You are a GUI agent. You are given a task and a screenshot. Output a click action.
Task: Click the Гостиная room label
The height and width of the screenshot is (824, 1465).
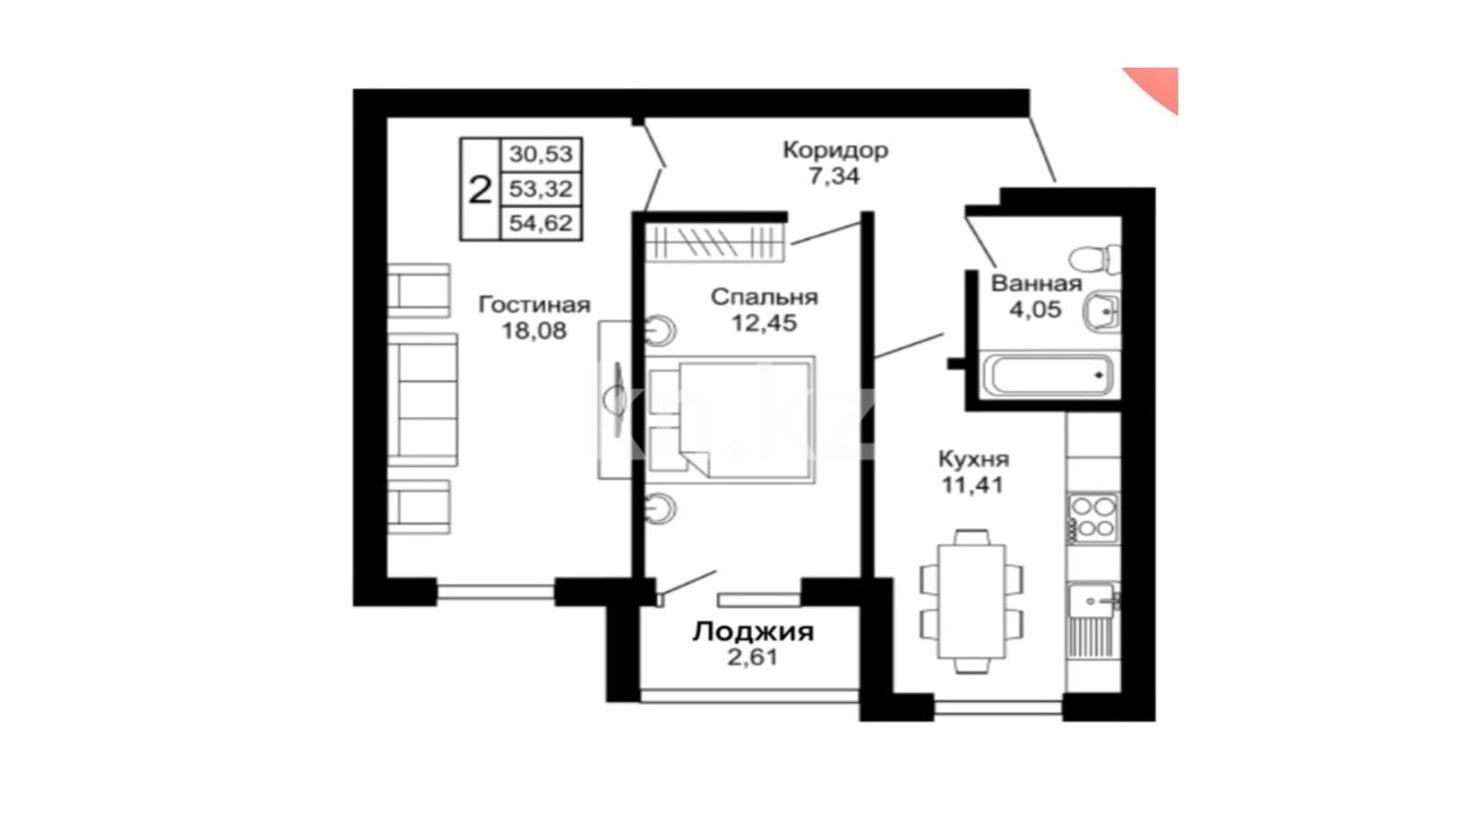click(535, 305)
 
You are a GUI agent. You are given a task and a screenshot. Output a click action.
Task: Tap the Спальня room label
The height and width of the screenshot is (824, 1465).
click(764, 297)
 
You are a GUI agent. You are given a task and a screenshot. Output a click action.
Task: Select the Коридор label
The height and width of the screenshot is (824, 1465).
click(835, 150)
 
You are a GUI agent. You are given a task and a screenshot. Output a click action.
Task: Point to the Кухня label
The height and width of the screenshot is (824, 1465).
click(974, 459)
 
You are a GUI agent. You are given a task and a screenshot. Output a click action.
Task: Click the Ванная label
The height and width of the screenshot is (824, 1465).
click(1036, 284)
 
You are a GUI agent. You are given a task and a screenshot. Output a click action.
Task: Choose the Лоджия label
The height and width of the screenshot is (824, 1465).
click(754, 632)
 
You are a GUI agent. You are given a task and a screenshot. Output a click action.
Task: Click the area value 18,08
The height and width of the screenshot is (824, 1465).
click(534, 331)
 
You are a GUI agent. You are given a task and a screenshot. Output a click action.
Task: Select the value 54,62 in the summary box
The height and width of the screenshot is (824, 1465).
click(541, 223)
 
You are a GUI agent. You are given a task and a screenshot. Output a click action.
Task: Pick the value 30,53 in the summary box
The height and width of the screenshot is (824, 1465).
click(541, 155)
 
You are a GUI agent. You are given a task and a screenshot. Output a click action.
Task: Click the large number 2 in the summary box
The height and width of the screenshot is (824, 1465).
click(480, 190)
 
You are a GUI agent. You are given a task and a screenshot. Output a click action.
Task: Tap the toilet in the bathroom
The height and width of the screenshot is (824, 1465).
click(1094, 259)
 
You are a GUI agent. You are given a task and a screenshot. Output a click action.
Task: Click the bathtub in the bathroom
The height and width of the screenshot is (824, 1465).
click(1049, 375)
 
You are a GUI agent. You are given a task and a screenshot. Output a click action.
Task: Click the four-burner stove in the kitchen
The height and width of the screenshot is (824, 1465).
click(1092, 518)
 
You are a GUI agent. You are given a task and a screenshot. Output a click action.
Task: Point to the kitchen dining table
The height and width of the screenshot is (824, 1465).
click(971, 602)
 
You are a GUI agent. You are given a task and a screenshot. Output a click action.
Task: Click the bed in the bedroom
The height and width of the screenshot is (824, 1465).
click(732, 420)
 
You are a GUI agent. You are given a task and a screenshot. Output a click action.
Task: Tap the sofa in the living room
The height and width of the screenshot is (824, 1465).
click(422, 399)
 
